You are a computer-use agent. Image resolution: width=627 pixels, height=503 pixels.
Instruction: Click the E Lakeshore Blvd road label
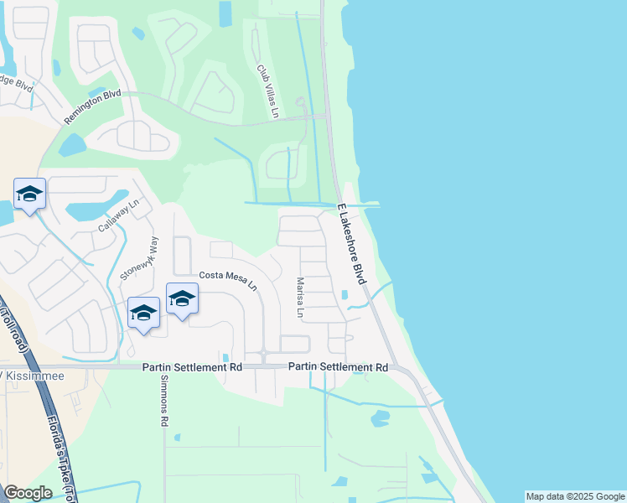click(x=350, y=243)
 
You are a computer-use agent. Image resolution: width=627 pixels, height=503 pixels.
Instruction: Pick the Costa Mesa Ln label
click(x=228, y=280)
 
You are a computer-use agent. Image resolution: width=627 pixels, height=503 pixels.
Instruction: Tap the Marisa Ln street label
click(x=299, y=298)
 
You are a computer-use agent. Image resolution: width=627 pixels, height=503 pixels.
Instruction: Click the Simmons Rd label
click(x=164, y=399)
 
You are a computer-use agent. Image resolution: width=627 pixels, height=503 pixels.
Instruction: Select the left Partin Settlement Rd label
click(x=192, y=367)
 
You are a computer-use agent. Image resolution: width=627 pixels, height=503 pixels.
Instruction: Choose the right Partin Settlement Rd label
click(x=339, y=367)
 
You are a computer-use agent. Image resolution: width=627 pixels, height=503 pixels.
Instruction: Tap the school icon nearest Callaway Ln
click(x=29, y=194)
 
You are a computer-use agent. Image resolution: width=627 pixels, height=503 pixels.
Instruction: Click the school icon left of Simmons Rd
click(x=143, y=314)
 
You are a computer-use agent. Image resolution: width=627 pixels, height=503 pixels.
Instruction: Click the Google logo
click(x=28, y=493)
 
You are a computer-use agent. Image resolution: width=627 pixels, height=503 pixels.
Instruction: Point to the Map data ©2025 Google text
click(x=574, y=496)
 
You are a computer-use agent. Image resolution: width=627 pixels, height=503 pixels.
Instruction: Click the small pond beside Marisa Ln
click(x=344, y=294)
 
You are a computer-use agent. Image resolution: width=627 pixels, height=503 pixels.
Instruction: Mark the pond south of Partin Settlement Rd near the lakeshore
click(x=380, y=417)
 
